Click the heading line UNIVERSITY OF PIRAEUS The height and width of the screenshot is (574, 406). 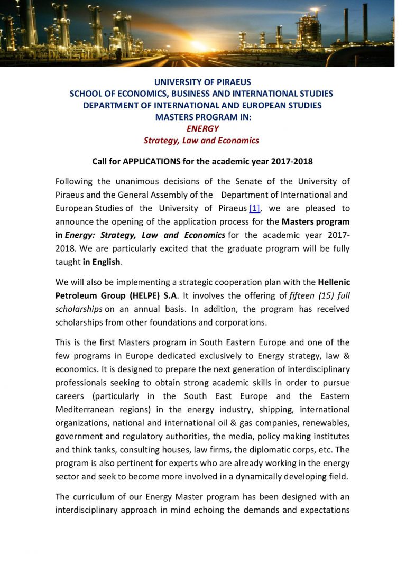click(x=202, y=82)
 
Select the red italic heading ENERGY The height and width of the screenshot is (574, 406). click(x=202, y=128)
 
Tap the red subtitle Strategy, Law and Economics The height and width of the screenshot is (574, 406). click(x=201, y=140)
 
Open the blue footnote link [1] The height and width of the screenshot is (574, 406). click(x=254, y=208)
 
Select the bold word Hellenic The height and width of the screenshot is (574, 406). click(x=334, y=281)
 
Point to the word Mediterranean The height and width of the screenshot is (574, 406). click(x=87, y=410)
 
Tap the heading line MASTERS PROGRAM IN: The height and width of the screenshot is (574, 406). click(x=202, y=117)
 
